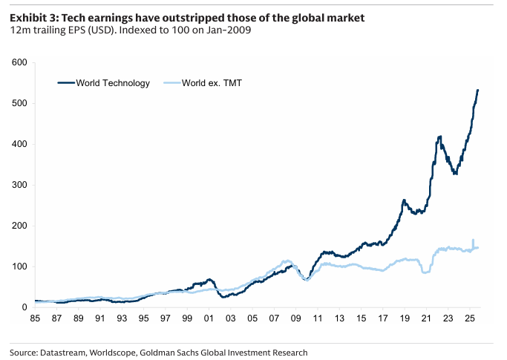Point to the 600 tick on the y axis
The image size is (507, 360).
20,63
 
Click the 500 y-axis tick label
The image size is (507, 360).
20,104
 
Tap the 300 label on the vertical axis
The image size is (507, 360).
20,185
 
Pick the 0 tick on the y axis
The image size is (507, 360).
24,307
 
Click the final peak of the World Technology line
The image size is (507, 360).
478,90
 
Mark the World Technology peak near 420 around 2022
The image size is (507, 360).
440,137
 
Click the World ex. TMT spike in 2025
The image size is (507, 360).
473,240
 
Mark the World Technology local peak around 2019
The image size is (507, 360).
404,200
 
